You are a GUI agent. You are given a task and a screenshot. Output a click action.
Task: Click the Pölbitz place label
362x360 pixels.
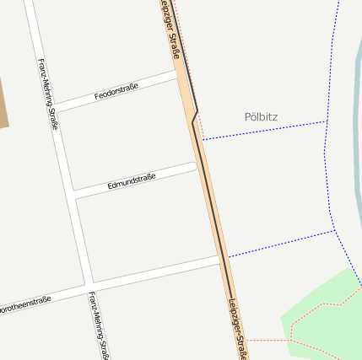[x=261, y=117]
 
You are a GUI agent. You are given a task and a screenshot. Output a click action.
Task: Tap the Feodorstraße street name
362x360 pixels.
[x=116, y=91]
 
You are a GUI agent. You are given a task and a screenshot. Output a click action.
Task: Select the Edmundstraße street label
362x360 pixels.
[x=132, y=180]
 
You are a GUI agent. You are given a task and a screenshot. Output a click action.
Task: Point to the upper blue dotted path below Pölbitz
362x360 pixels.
[x=263, y=130]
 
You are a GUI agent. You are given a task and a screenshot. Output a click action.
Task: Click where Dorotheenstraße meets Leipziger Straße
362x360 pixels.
[x=222, y=259]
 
